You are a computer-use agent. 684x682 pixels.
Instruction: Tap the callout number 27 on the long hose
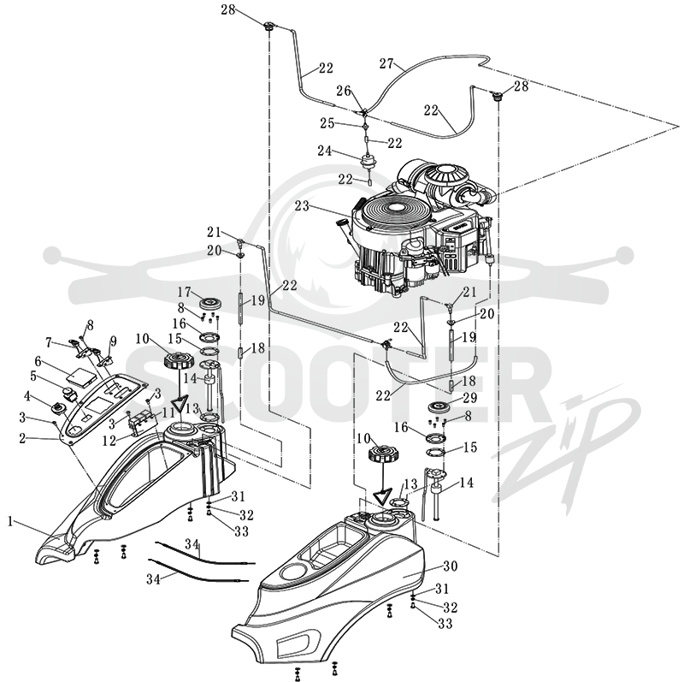pyautogui.click(x=386, y=63)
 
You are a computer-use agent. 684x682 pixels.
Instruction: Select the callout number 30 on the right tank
pyautogui.click(x=451, y=566)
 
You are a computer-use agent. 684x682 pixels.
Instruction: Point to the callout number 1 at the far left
pyautogui.click(x=9, y=520)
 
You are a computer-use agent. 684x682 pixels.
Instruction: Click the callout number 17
pyautogui.click(x=185, y=291)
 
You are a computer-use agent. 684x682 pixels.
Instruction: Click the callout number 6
pyautogui.click(x=38, y=361)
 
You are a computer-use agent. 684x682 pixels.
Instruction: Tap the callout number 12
pyautogui.click(x=109, y=441)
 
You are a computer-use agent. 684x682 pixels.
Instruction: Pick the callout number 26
pyautogui.click(x=344, y=91)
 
